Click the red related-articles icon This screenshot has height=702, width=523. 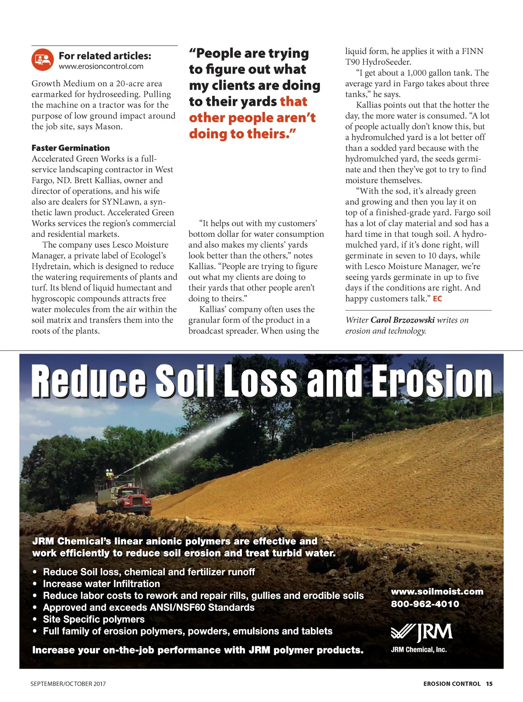[x=42, y=60]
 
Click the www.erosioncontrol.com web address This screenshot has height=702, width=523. [x=101, y=67]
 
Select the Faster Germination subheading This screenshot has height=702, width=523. [x=71, y=148]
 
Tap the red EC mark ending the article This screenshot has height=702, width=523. [x=438, y=299]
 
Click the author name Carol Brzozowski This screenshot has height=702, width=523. [x=402, y=320]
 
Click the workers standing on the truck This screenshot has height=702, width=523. [x=109, y=474]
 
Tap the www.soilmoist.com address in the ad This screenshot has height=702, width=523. [x=437, y=591]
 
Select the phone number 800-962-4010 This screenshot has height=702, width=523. [x=425, y=604]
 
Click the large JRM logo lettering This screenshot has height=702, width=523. [x=434, y=632]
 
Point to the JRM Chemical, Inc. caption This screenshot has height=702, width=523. [x=419, y=650]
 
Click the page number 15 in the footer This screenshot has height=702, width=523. [x=489, y=684]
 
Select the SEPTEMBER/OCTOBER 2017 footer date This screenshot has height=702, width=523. [x=68, y=684]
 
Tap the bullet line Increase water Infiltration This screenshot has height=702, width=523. [x=101, y=584]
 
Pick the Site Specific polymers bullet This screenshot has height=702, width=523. [x=94, y=619]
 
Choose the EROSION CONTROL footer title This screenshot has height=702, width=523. [x=452, y=684]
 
